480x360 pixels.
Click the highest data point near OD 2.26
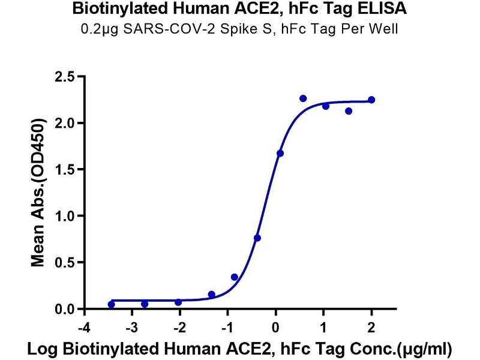pyautogui.click(x=303, y=98)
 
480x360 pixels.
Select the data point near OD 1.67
pyautogui.click(x=280, y=154)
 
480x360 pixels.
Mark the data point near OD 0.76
pyautogui.click(x=257, y=238)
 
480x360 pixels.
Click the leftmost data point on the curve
pyautogui.click(x=112, y=305)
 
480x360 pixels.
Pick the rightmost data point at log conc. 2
pyautogui.click(x=371, y=100)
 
